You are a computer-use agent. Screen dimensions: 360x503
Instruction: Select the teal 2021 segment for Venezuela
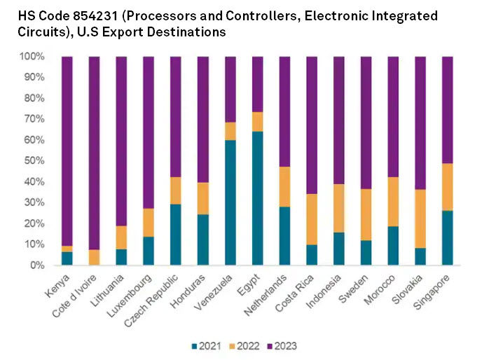[x=230, y=202]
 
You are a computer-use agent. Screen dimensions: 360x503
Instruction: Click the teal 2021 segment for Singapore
[x=448, y=237]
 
